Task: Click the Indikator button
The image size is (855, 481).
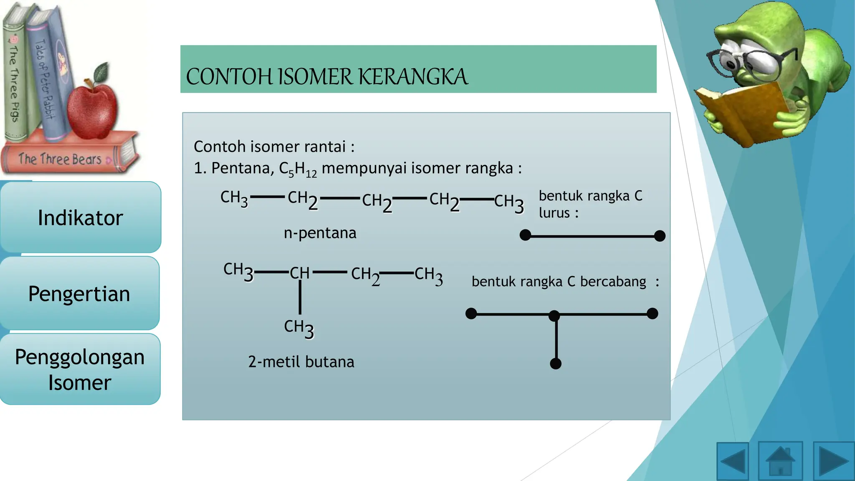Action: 80,218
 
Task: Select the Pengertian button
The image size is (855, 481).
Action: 79,294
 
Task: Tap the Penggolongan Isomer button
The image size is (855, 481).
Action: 80,369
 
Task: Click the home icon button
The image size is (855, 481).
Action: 780,461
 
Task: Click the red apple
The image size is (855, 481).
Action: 92,111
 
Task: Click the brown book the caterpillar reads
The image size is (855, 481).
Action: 743,113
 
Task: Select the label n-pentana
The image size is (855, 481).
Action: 320,233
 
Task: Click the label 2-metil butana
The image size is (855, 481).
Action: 301,362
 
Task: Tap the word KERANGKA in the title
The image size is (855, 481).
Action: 413,77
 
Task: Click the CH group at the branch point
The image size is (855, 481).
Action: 300,273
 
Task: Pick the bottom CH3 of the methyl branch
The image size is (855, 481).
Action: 298,328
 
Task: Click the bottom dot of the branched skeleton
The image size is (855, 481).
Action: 556,364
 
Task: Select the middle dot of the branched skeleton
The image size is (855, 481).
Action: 554,316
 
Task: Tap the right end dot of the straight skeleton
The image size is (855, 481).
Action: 660,236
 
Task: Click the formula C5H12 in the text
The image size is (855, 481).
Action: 298,169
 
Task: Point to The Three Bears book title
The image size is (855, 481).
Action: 60,159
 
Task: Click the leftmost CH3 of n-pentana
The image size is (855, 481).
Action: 234,198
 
